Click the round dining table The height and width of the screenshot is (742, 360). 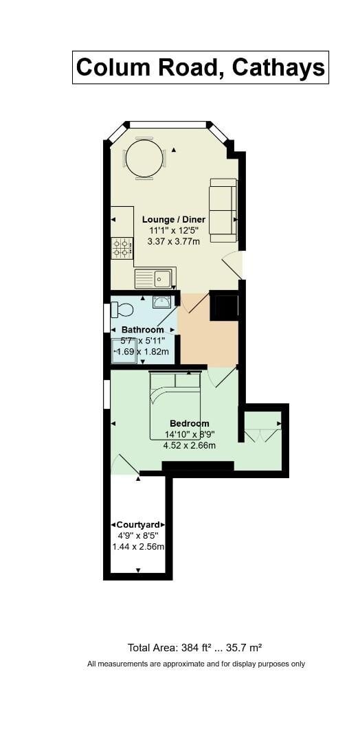144,159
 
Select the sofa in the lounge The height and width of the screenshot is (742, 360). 223,210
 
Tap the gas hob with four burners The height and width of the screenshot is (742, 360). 122,248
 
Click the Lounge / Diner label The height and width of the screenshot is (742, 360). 174,219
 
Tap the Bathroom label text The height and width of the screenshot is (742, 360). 143,330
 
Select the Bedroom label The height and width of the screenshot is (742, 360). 190,423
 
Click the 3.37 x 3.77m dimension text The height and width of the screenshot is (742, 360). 175,241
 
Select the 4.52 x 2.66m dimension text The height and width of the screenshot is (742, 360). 190,445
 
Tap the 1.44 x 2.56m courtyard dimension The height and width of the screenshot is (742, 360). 138,546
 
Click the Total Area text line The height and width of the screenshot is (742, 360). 195,647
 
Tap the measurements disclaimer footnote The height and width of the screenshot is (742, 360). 196,664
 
